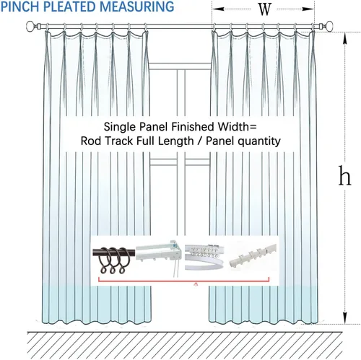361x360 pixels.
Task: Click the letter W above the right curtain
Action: (x=264, y=9)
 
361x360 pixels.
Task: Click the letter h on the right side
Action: (x=344, y=175)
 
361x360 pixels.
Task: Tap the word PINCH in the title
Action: (x=20, y=6)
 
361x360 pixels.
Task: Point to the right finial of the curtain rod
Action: (x=327, y=26)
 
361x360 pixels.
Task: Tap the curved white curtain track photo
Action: (x=204, y=256)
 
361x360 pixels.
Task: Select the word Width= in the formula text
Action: (x=237, y=126)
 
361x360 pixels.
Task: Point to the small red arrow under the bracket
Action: (x=196, y=284)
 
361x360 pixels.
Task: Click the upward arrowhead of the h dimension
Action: (x=345, y=39)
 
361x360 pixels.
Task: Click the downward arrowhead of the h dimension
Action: (x=345, y=317)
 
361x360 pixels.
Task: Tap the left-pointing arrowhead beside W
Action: (x=218, y=9)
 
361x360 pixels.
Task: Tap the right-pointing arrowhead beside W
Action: (x=308, y=9)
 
